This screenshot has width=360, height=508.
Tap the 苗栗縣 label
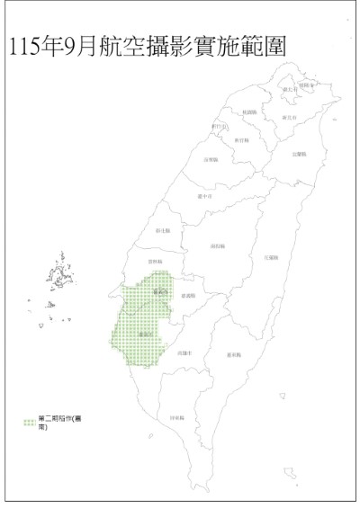[212, 159]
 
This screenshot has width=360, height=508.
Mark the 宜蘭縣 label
[300, 155]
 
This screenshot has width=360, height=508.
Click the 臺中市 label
[204, 197]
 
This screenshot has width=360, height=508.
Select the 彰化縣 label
[163, 231]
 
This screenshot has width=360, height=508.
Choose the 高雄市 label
[187, 354]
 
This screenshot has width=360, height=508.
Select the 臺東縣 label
[234, 355]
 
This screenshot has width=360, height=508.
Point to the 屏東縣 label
[176, 417]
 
